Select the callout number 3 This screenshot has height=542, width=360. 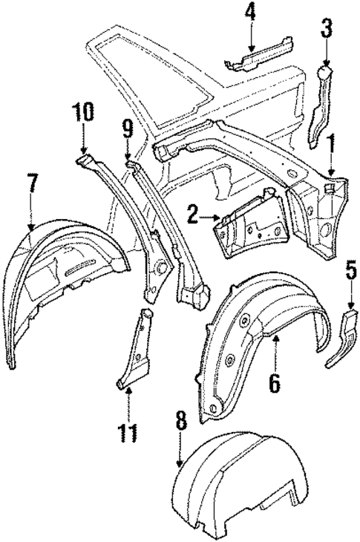326,32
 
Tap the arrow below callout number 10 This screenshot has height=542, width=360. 84,140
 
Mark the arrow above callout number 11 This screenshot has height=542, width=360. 128,401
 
